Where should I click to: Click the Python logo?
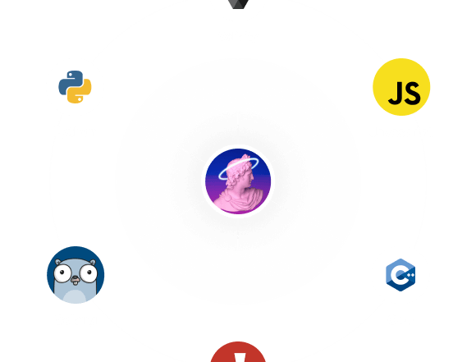tap(75, 87)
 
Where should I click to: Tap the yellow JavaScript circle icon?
tap(401, 87)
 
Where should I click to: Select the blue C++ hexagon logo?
tap(400, 275)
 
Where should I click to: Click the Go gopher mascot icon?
tap(76, 275)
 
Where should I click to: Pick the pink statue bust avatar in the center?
tap(238, 181)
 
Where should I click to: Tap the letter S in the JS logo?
tap(412, 94)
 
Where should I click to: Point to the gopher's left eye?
tap(62, 273)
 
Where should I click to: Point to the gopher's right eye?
tap(89, 273)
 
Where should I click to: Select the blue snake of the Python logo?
tap(71, 82)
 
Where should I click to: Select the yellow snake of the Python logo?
tap(80, 92)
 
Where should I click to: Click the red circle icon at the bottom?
tap(238, 352)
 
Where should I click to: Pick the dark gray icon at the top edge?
tap(238, 4)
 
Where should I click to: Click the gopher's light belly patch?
tap(76, 296)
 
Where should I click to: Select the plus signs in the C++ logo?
tap(410, 275)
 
